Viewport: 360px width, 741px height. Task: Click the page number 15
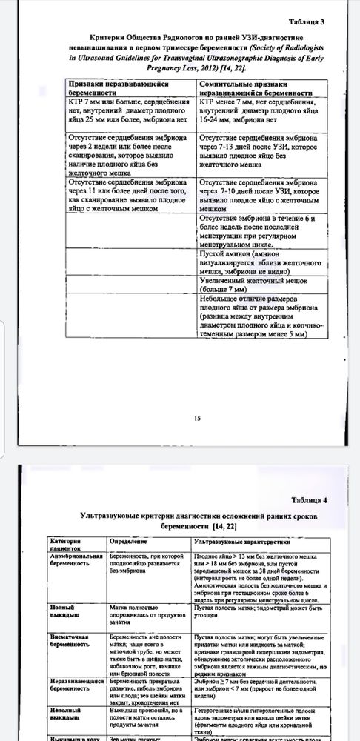(x=197, y=419)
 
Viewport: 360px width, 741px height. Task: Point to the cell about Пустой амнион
(x=256, y=263)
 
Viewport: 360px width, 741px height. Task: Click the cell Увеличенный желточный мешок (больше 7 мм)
(x=256, y=285)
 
